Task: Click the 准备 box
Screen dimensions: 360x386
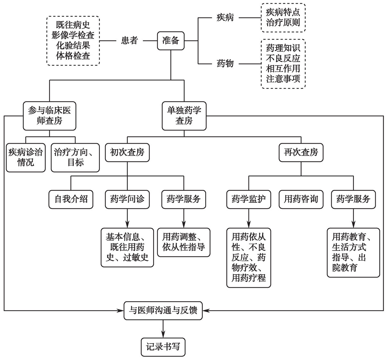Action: click(x=171, y=41)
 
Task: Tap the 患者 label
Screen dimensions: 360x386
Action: click(x=129, y=41)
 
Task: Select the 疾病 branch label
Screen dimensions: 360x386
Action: click(x=225, y=18)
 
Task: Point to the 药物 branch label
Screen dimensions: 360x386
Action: click(x=225, y=64)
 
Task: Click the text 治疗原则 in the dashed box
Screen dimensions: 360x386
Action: click(x=283, y=23)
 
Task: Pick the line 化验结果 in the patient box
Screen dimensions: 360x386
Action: click(x=73, y=45)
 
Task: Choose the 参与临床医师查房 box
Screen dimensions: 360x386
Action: click(x=49, y=116)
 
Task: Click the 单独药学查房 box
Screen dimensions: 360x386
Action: click(x=184, y=116)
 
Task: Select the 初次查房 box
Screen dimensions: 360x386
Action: click(x=127, y=152)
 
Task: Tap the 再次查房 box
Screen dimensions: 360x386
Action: click(x=301, y=152)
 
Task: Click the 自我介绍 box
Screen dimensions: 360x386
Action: click(x=71, y=199)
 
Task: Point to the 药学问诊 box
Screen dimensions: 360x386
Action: click(x=127, y=199)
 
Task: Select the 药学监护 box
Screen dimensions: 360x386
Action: click(x=249, y=199)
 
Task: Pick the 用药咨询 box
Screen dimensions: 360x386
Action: click(x=301, y=199)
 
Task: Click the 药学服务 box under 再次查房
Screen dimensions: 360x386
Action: click(x=353, y=199)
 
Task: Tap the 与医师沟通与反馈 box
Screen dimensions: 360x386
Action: click(x=163, y=310)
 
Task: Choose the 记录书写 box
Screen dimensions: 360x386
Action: click(x=163, y=347)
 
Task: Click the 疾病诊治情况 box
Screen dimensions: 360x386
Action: click(x=26, y=157)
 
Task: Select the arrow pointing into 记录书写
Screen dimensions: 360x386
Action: click(x=163, y=329)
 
